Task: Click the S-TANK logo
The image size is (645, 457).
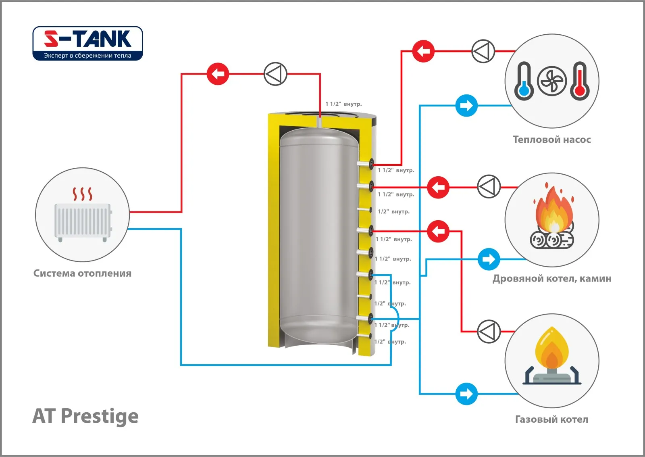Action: pyautogui.click(x=87, y=43)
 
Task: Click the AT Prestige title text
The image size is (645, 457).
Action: pyautogui.click(x=85, y=416)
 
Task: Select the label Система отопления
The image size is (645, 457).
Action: pyautogui.click(x=82, y=273)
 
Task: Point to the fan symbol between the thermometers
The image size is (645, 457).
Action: pyautogui.click(x=551, y=81)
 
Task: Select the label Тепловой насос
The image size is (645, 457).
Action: pyautogui.click(x=551, y=140)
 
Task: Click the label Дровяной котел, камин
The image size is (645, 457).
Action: pyautogui.click(x=551, y=278)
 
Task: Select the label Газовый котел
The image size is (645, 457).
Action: pyautogui.click(x=551, y=419)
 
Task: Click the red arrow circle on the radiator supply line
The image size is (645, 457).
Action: pyautogui.click(x=218, y=74)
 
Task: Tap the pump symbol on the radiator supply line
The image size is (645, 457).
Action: pyautogui.click(x=275, y=74)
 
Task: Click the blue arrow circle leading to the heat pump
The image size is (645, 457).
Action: pyautogui.click(x=466, y=106)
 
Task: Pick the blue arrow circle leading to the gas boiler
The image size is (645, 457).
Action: pyautogui.click(x=466, y=394)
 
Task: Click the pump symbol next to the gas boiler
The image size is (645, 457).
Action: pyautogui.click(x=489, y=332)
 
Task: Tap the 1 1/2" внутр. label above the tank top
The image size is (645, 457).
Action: pyautogui.click(x=343, y=104)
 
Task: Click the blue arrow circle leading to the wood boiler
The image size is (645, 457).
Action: pyautogui.click(x=489, y=259)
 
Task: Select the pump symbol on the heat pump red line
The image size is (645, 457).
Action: pyautogui.click(x=483, y=51)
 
